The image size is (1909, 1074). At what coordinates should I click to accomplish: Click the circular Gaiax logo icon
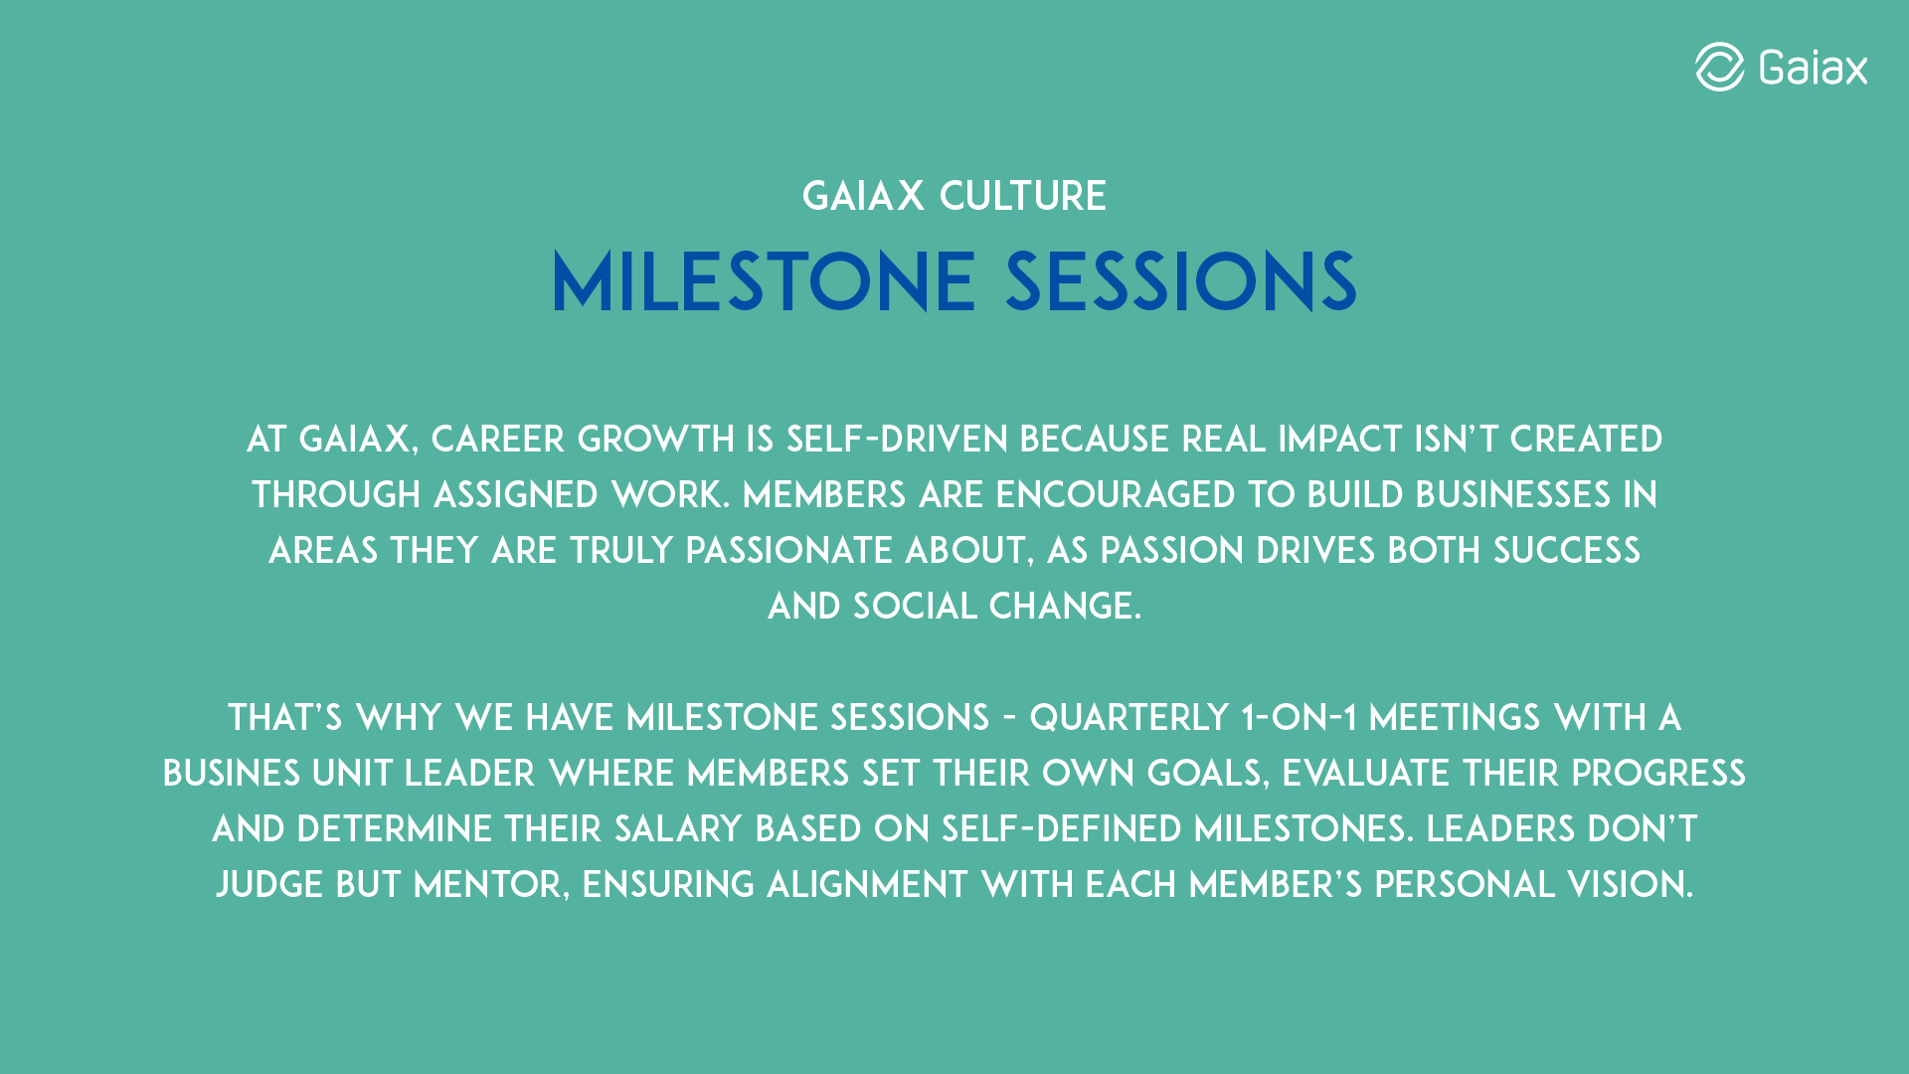1719,67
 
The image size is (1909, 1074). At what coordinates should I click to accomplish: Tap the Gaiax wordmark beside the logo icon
1813,68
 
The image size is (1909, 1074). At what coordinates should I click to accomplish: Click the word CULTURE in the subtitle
1023,196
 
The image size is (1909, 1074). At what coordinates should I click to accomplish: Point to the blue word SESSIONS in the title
1181,282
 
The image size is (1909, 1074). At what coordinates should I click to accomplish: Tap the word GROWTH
656,440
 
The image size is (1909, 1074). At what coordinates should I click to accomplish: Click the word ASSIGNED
516,495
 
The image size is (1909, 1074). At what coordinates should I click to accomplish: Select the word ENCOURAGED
1116,495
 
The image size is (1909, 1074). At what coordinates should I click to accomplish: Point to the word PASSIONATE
789,551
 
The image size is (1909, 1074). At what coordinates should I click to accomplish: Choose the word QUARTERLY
1129,718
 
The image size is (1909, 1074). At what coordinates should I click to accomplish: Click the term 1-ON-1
1300,718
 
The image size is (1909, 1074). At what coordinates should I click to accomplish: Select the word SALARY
678,829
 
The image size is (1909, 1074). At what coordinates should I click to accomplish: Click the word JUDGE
269,885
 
